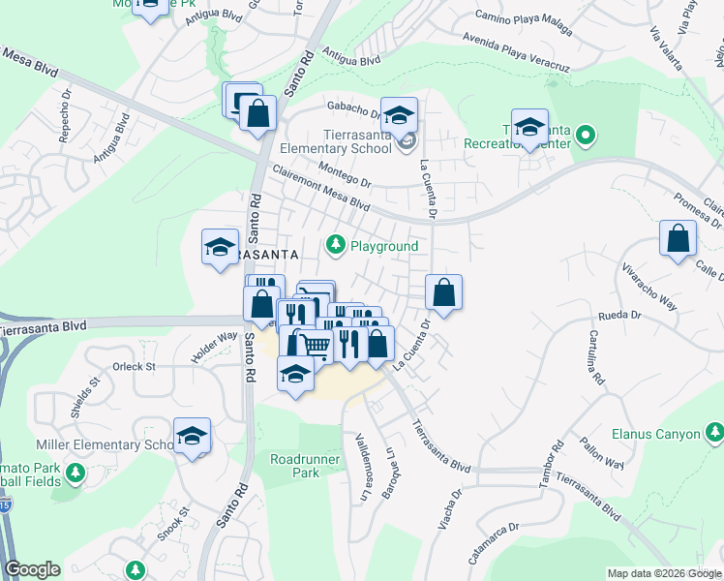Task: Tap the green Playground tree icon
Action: (336, 246)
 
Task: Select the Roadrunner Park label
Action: (294, 466)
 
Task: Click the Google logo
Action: (32, 569)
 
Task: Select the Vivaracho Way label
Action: (649, 282)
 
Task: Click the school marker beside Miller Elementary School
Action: (192, 436)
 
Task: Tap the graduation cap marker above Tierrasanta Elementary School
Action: (398, 115)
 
